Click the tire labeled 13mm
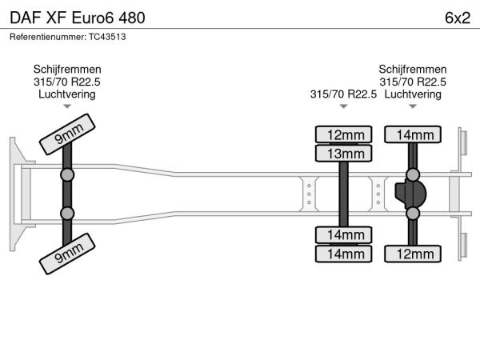click(x=345, y=153)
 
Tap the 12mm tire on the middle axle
click(x=345, y=134)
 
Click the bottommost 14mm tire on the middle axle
click(x=345, y=254)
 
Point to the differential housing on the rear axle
click(x=411, y=194)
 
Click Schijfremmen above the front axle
click(x=67, y=70)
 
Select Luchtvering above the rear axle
click(x=413, y=94)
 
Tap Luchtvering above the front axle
click(x=67, y=94)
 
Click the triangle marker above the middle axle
click(x=344, y=106)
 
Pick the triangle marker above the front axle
click(x=67, y=106)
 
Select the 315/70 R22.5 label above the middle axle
click(x=343, y=94)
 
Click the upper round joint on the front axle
click(x=67, y=174)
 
